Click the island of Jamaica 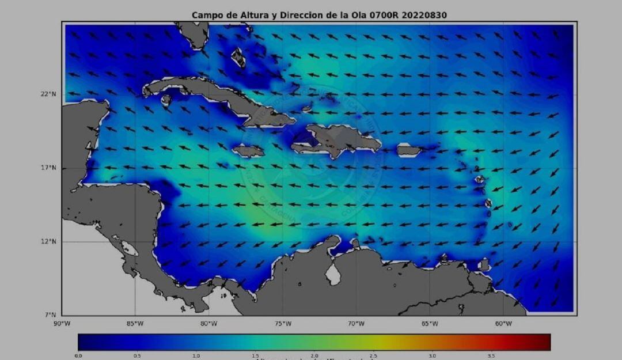point(248,151)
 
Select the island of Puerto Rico point(409,150)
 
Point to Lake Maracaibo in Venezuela point(333,274)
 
